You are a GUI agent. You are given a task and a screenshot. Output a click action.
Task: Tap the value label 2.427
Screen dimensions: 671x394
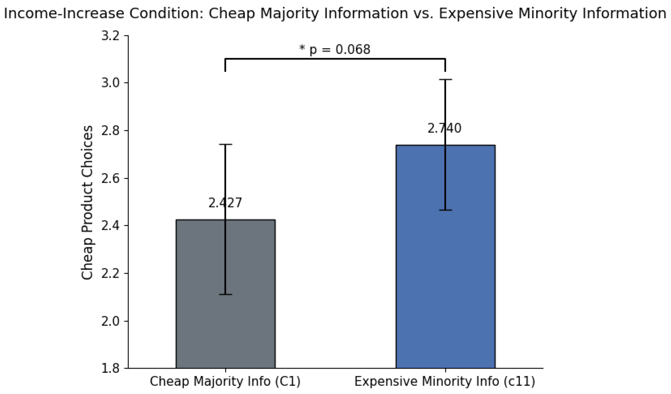[225, 203]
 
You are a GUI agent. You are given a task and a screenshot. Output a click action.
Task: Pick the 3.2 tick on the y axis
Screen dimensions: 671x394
[110, 36]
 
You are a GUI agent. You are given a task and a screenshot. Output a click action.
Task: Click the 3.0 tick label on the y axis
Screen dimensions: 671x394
[110, 83]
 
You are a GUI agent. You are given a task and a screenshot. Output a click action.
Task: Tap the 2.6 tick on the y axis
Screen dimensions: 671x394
[110, 178]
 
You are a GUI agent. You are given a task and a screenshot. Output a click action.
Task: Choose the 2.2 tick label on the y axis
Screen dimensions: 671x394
[110, 274]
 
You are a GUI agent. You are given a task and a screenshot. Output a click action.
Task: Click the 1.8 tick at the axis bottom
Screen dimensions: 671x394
[110, 369]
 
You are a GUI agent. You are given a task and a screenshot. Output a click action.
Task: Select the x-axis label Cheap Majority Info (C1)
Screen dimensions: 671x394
[225, 381]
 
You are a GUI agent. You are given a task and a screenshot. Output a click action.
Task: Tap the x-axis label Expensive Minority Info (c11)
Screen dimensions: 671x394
[445, 381]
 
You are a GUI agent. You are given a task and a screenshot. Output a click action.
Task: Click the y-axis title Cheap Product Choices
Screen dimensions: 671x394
[87, 202]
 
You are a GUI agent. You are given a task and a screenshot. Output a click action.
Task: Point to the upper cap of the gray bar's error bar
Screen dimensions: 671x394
[225, 144]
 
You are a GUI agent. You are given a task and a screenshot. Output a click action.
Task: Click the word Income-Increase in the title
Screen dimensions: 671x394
[64, 13]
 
